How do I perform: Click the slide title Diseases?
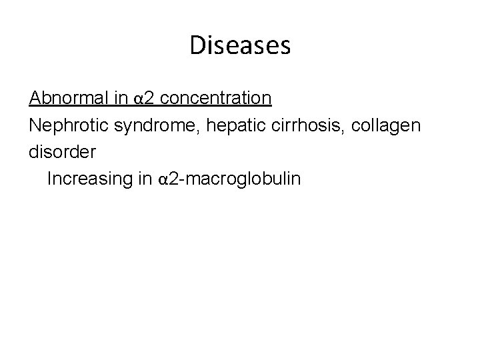240,45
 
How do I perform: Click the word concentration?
216,99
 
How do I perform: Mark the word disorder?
62,151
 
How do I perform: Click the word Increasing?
86,179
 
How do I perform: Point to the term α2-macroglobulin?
226,179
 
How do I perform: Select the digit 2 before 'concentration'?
149,99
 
